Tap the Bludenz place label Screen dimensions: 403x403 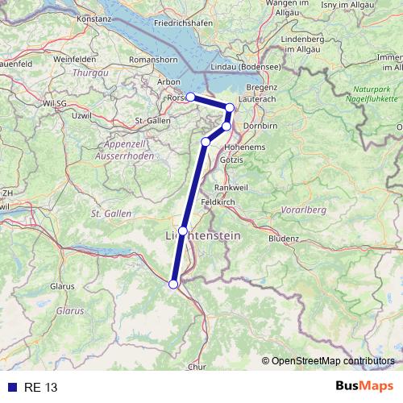click(x=284, y=239)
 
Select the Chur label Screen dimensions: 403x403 click(x=197, y=367)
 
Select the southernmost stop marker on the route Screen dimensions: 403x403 click(x=173, y=284)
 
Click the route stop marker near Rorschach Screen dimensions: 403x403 click(x=190, y=97)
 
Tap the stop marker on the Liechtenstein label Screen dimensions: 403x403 click(x=183, y=231)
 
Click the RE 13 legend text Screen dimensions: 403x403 click(x=40, y=388)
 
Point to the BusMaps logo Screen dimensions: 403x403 click(x=364, y=387)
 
